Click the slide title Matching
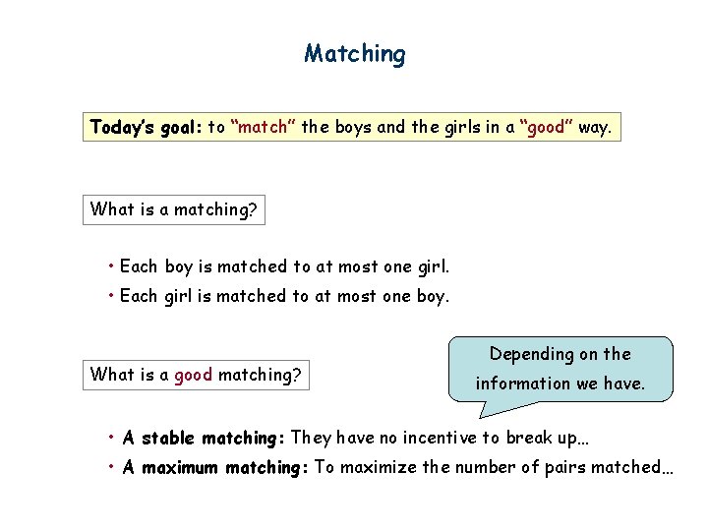354,53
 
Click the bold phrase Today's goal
145,127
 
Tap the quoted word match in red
263,127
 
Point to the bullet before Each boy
112,266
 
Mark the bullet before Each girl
112,296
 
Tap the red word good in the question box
194,374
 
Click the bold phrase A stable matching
205,439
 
